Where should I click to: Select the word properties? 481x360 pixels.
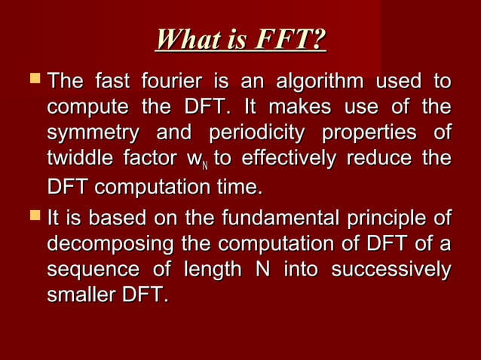(x=369, y=134)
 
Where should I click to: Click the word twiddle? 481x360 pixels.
(x=78, y=160)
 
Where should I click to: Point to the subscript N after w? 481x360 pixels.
(x=204, y=165)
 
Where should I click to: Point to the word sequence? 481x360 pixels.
(x=93, y=270)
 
